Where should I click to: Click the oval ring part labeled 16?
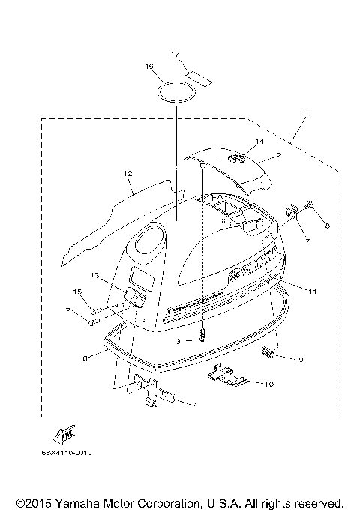[177, 92]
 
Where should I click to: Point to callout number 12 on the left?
[128, 174]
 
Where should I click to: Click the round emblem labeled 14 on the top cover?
[239, 159]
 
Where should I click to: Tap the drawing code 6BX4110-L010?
[76, 451]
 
